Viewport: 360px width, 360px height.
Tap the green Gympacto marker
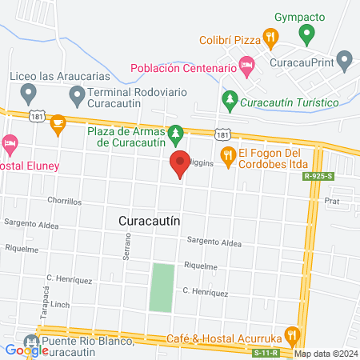[306, 35]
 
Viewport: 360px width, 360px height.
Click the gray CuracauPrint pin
[344, 58]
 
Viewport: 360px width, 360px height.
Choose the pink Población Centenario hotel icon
[247, 69]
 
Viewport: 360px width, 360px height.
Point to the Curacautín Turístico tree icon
[230, 102]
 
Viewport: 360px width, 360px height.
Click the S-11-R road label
[265, 352]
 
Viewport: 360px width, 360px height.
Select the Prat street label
[332, 202]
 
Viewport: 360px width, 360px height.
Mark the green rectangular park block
[162, 287]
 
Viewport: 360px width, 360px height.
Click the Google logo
[26, 350]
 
